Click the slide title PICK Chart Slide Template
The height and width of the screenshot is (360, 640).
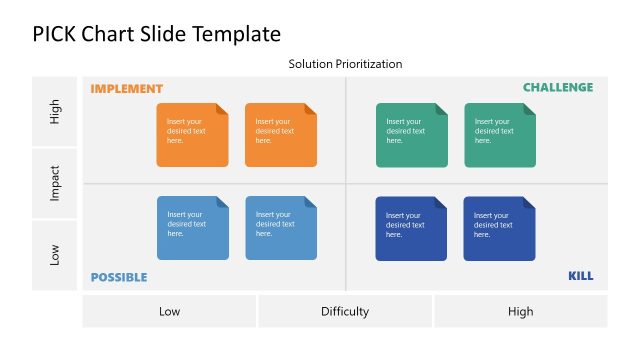156,34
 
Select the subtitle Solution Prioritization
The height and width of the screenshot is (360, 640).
345,64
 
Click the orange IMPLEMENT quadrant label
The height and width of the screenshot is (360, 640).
126,89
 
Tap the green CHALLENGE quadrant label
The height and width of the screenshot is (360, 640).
558,88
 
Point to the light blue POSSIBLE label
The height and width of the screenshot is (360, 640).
119,277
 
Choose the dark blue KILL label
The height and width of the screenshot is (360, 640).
580,276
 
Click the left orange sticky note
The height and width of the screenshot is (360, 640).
192,135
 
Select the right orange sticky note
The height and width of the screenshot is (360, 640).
280,135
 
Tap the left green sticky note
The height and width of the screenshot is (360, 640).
411,135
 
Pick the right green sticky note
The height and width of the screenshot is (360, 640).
499,135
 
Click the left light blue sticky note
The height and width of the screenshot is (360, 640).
192,228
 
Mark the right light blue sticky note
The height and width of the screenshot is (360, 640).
280,228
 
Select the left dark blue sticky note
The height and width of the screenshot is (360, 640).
411,228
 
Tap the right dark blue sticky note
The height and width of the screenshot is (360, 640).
499,228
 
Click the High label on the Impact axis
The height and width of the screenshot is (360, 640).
56,111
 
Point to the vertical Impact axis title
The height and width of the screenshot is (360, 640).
56,183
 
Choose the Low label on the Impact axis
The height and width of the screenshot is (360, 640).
56,255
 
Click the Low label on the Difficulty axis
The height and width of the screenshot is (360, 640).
170,311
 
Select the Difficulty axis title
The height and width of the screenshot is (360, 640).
345,311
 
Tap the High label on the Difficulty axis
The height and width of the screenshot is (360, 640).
520,311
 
